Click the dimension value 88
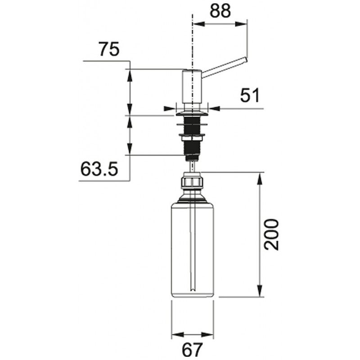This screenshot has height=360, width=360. (x=220, y=11)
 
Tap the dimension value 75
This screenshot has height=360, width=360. (x=109, y=49)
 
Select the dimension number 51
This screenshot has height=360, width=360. (x=250, y=95)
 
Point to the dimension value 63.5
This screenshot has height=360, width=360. (x=99, y=169)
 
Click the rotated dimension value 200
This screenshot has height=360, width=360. (x=271, y=234)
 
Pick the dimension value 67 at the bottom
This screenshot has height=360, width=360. (x=193, y=349)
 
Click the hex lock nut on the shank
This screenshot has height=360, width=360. (x=192, y=138)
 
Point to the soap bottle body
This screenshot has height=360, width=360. (x=193, y=250)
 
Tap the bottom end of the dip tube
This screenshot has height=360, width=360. (x=193, y=290)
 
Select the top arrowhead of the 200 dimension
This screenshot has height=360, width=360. (x=260, y=177)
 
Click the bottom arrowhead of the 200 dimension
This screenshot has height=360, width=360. (x=260, y=292)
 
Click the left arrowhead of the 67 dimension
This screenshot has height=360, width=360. (x=177, y=334)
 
